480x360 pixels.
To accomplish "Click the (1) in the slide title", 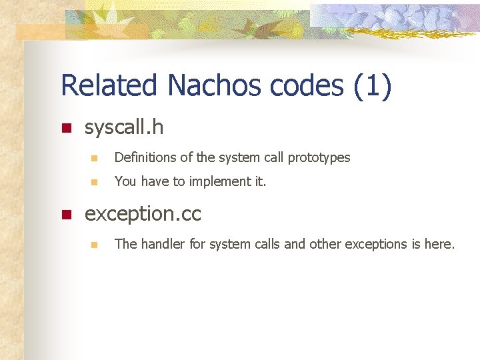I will (373, 86).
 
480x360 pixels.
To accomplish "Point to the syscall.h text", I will (124, 127).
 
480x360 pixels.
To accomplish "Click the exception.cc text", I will (143, 214).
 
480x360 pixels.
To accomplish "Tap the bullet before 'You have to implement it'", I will (94, 181).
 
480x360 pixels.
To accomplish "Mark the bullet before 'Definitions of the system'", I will (94, 159).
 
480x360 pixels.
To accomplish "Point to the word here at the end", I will (439, 244).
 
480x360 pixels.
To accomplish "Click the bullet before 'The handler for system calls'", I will (94, 245).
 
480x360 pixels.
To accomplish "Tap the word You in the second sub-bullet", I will (125, 181).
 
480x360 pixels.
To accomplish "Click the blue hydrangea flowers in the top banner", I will (400, 17).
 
